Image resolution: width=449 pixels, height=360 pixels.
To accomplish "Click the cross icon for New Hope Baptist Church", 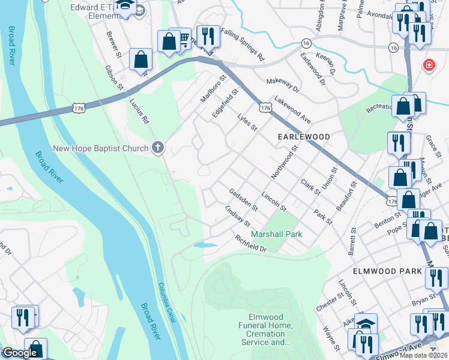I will coord(158,148).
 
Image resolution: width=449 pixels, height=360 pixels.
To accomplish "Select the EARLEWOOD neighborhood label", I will coord(304,137).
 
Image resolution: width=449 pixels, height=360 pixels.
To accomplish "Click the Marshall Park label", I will coord(277,234).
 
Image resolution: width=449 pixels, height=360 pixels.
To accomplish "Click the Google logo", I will coord(19,353).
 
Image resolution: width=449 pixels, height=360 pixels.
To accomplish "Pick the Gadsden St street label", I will coord(243,200).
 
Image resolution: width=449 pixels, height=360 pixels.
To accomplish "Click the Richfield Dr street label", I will coord(250,243).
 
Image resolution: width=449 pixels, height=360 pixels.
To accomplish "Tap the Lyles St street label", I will coord(247,122).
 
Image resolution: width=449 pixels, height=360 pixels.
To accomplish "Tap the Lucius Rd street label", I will coord(139,112).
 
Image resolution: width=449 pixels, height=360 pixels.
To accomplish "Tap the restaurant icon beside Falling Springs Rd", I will coord(208,37).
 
